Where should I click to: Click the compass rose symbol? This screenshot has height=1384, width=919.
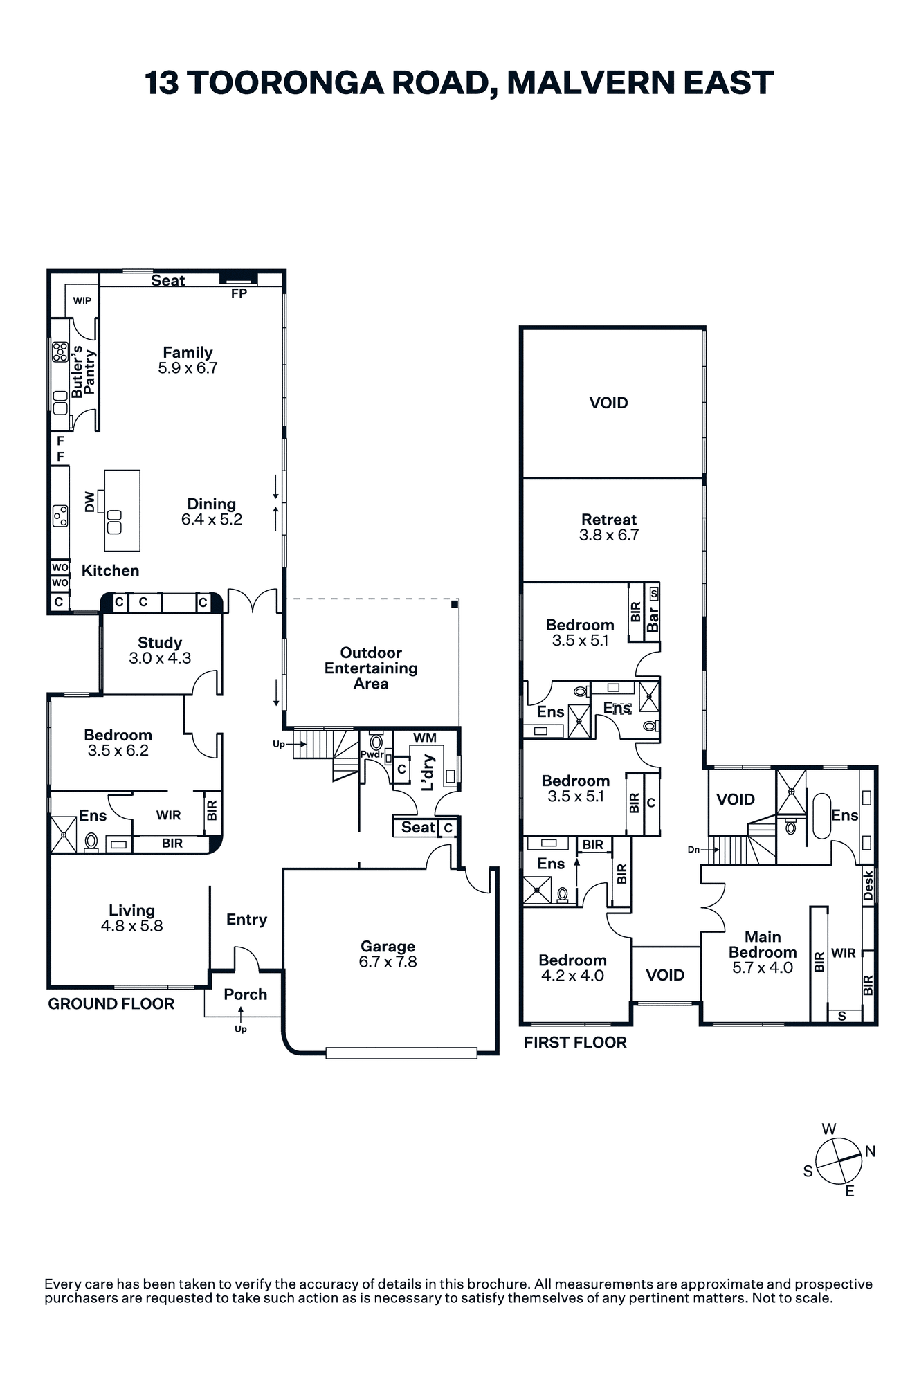point(839,1159)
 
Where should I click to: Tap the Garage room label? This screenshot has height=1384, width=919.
point(388,954)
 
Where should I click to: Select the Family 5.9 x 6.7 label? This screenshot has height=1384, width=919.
point(188,360)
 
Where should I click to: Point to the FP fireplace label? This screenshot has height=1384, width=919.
point(239,293)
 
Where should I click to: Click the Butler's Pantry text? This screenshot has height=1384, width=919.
point(83,372)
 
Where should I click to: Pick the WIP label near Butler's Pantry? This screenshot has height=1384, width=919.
point(82,300)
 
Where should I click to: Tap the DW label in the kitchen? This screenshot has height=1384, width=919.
point(89,502)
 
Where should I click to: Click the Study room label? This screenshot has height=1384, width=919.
point(160,650)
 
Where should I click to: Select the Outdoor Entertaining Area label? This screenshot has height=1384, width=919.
point(371,668)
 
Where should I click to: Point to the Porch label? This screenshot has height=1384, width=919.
point(245,994)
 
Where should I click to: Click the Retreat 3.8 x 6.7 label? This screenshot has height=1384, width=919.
point(609,527)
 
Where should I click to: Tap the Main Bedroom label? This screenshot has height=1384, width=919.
point(763,952)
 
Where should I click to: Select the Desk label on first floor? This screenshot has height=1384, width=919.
point(868,885)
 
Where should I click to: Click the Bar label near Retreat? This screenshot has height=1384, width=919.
point(653,619)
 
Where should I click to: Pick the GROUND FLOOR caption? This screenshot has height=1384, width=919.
point(111,1004)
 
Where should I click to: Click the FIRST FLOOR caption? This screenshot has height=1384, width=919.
point(575,1043)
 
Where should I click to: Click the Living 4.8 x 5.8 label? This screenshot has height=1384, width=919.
point(131,918)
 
